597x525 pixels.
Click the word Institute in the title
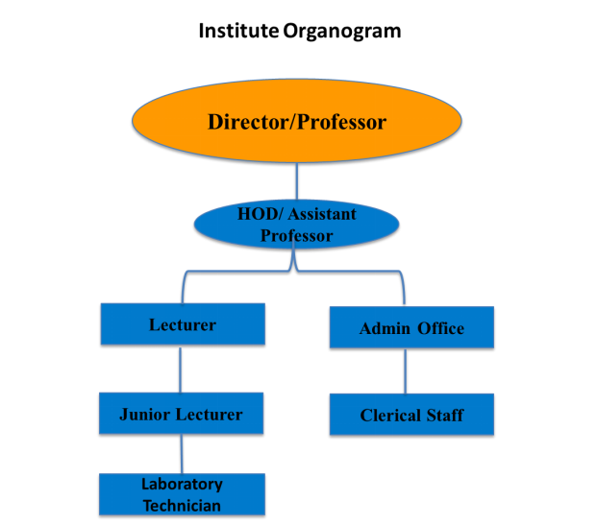click(237, 32)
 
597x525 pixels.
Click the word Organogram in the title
click(342, 32)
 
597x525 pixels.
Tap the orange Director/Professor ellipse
click(297, 122)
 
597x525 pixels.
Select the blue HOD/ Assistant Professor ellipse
click(296, 225)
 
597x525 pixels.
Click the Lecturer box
click(182, 324)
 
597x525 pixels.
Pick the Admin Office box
click(411, 328)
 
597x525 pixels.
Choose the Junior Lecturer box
click(181, 415)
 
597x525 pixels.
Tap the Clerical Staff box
click(411, 415)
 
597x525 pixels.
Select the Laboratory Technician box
click(181, 494)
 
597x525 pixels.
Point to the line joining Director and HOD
click(297, 181)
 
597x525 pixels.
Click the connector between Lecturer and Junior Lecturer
click(181, 370)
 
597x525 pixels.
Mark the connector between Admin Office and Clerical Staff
click(405, 370)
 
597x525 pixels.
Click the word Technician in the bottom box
click(182, 506)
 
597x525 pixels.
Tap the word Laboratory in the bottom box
click(182, 485)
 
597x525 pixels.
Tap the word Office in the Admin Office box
click(440, 328)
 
